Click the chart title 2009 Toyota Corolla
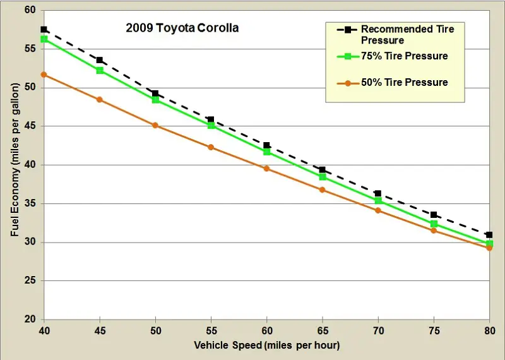click(182, 28)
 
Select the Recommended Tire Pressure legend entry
click(407, 34)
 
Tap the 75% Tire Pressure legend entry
click(404, 56)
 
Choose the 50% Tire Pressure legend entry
click(404, 82)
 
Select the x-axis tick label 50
click(155, 330)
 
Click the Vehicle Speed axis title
click(267, 345)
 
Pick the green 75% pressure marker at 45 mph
click(100, 70)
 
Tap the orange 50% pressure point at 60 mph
click(266, 169)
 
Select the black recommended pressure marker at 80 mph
click(489, 235)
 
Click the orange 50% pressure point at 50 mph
click(155, 125)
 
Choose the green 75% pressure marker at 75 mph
click(434, 224)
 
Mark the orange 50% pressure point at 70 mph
click(378, 210)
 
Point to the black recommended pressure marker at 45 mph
click(100, 60)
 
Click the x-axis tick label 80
click(489, 330)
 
